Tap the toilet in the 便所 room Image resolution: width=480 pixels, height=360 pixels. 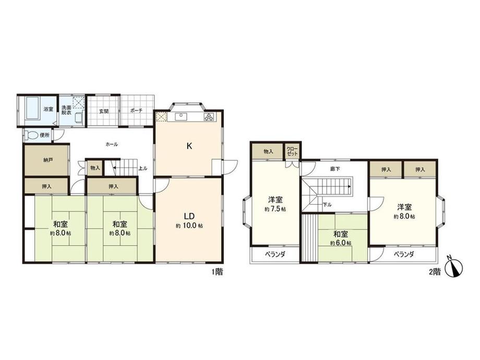(x=31, y=135)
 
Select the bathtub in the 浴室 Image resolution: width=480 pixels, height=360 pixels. (x=32, y=109)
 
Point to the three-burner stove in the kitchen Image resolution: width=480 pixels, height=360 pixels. (x=210, y=117)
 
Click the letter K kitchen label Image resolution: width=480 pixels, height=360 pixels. (x=189, y=146)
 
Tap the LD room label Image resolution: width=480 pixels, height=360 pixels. (x=189, y=216)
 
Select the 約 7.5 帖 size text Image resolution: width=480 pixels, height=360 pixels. (x=275, y=209)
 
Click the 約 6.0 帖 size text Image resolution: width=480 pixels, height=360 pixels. (x=341, y=243)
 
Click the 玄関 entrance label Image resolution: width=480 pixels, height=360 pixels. (x=104, y=111)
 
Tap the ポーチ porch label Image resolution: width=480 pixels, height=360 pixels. (x=136, y=111)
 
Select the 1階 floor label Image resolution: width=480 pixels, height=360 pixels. (x=218, y=271)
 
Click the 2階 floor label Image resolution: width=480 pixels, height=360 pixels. (x=435, y=271)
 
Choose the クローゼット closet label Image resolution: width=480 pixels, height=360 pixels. (x=292, y=151)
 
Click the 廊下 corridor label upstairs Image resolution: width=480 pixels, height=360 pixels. (x=335, y=169)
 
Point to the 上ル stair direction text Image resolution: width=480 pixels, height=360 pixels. (x=143, y=168)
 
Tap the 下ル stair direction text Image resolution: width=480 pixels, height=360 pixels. (x=327, y=205)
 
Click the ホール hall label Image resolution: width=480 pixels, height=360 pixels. (x=112, y=145)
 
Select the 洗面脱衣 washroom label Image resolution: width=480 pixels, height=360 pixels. (x=66, y=110)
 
